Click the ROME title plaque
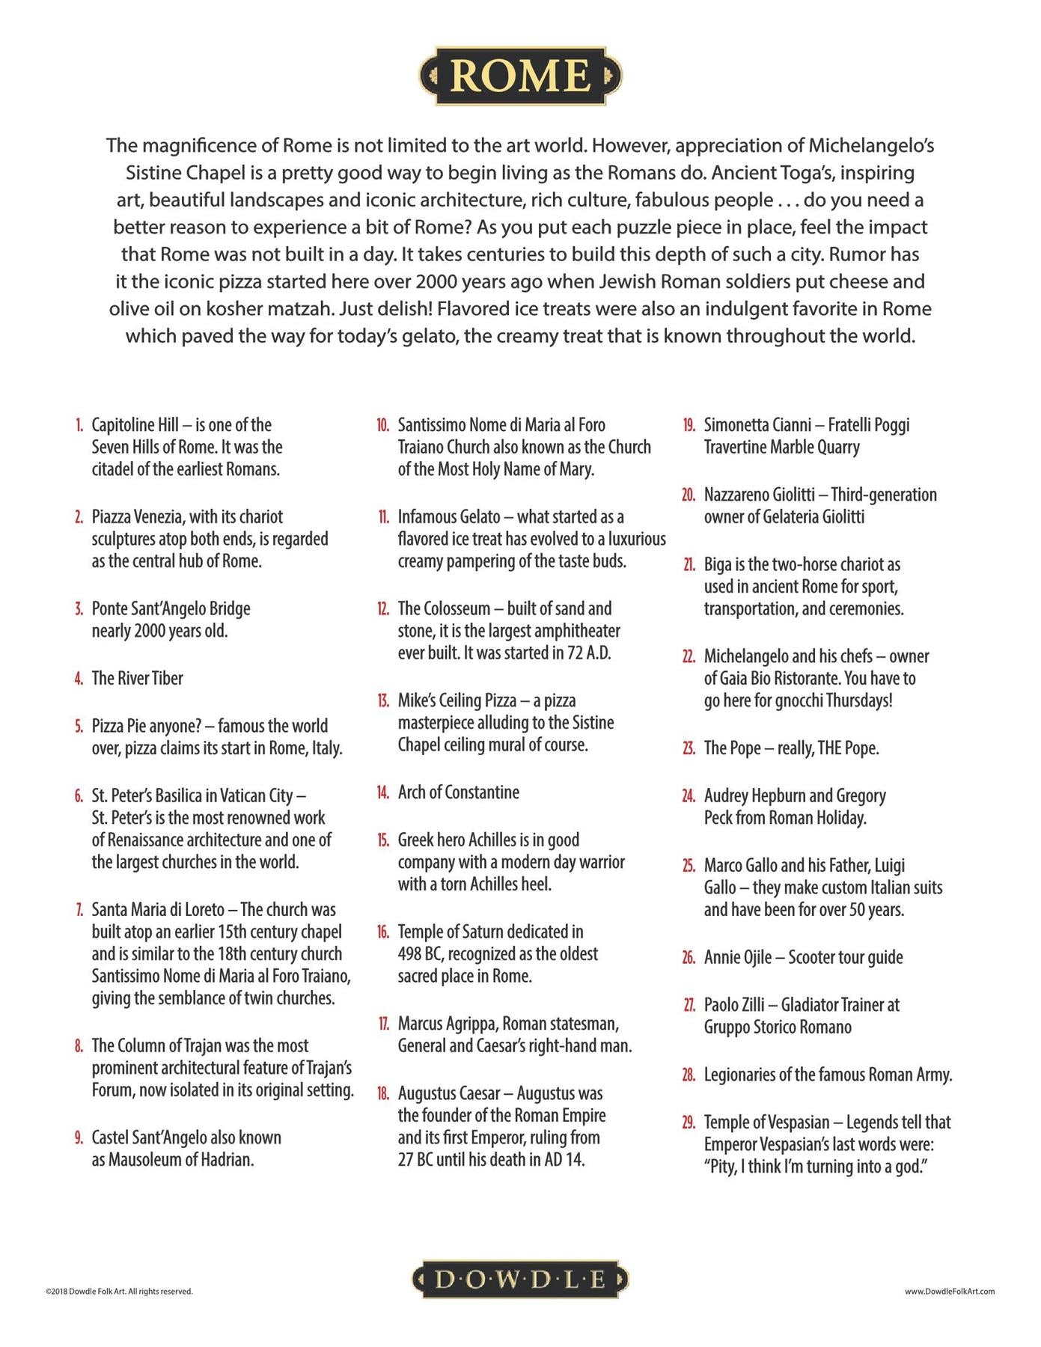[520, 76]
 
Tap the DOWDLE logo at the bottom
[520, 1280]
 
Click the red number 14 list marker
[382, 793]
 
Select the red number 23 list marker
[689, 749]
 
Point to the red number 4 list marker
[79, 679]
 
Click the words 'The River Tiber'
[137, 679]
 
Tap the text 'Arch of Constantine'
[458, 792]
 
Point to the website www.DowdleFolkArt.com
[949, 1291]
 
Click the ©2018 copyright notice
[119, 1291]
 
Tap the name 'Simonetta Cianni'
[757, 425]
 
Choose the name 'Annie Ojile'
[737, 958]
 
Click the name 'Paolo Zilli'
[734, 1005]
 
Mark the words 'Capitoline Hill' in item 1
[135, 425]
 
